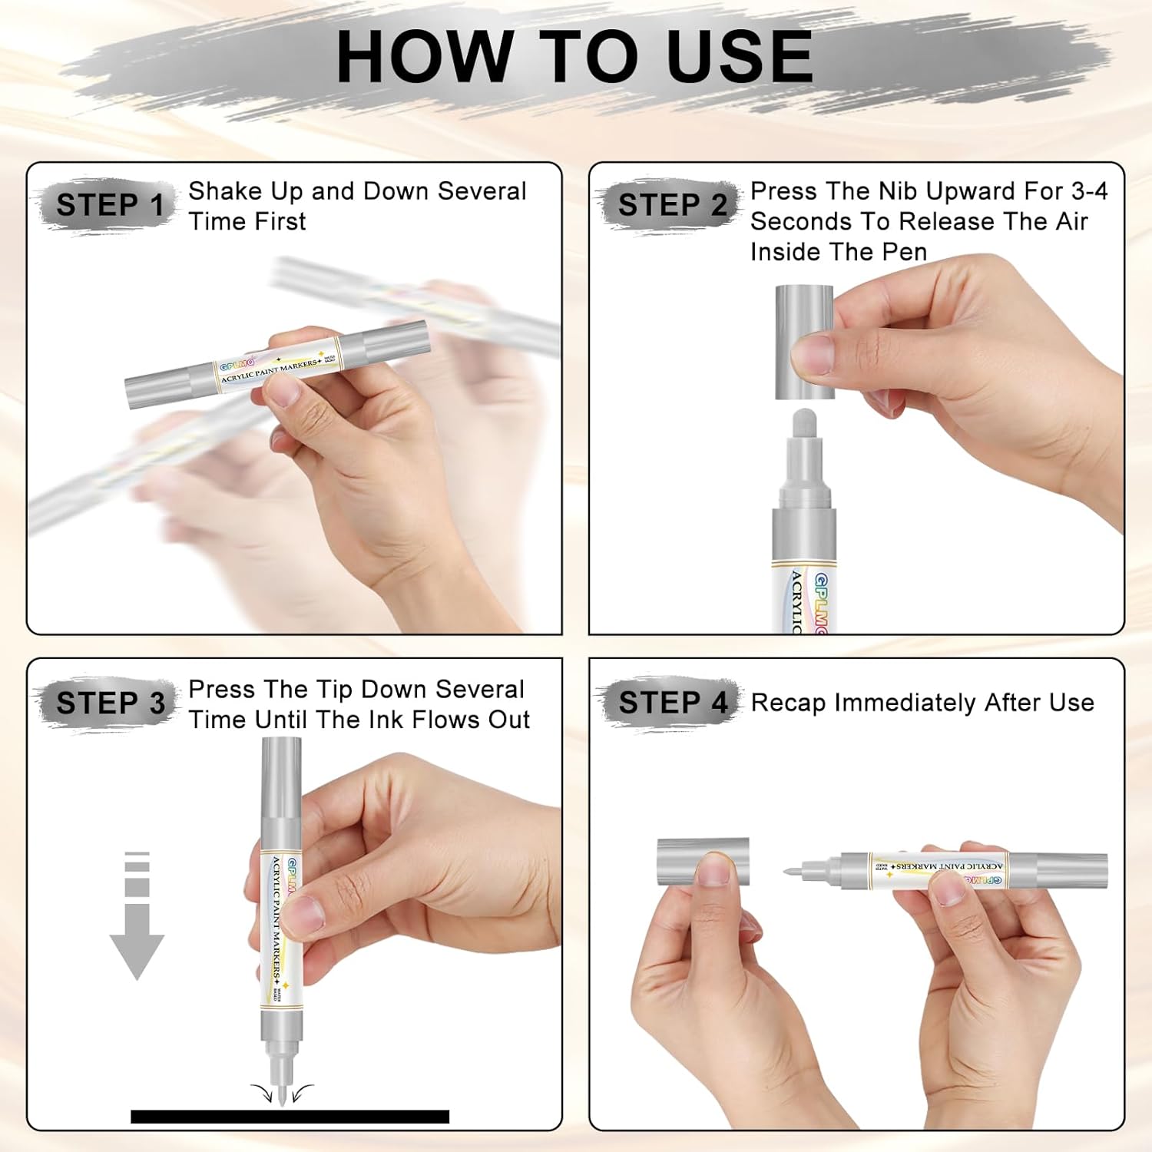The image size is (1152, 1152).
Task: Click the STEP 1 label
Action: tap(110, 205)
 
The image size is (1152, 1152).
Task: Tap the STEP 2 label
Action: tap(672, 205)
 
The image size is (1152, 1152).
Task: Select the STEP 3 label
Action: tap(111, 703)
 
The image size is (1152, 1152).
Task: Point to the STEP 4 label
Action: tap(673, 703)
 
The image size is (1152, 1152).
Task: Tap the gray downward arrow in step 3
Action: tap(137, 915)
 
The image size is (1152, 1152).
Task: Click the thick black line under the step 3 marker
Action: tap(290, 1117)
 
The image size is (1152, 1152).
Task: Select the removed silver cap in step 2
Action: tap(804, 342)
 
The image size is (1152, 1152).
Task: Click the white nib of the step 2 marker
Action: tap(803, 427)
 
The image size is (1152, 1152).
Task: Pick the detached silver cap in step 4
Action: tap(703, 861)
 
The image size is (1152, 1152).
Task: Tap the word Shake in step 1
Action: tap(223, 190)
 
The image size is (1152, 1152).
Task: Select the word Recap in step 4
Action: tap(789, 703)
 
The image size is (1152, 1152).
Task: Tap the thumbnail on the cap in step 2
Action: tap(812, 355)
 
